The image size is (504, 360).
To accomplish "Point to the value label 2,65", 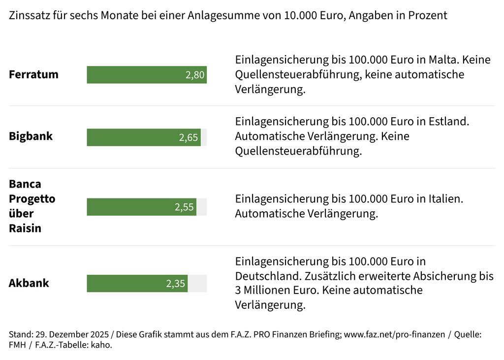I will (x=189, y=137).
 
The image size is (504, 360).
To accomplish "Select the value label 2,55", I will (x=185, y=207).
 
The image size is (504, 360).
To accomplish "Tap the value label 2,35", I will (x=176, y=284).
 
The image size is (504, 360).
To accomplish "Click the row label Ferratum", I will (x=33, y=75).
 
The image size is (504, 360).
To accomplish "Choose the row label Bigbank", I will (x=31, y=136).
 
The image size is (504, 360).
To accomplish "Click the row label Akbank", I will (x=29, y=284).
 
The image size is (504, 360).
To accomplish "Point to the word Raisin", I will (x=25, y=228).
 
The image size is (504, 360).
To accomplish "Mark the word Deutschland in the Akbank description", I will (x=268, y=276).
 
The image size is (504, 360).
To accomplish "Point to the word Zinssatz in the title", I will (x=29, y=15).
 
